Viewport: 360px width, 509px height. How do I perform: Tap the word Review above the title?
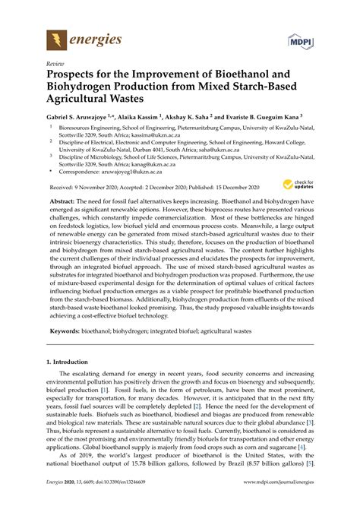[55, 65]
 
